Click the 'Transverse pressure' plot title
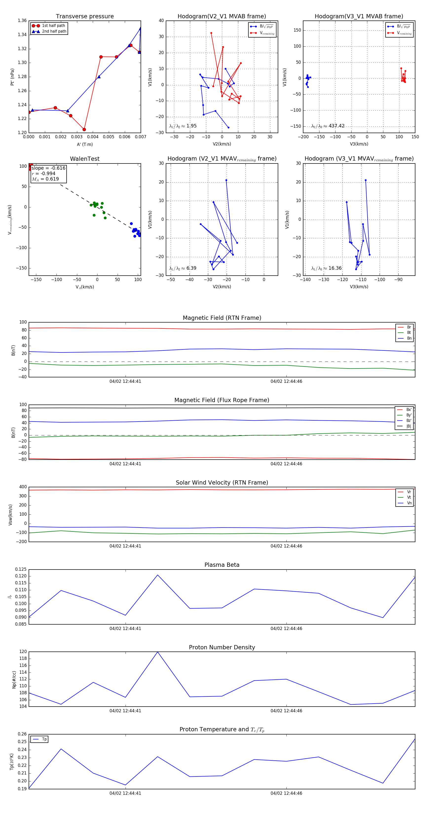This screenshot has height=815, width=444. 85,17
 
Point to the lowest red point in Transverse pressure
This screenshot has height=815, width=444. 84,129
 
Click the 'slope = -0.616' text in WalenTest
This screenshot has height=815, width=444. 48,168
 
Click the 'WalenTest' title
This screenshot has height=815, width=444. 85,159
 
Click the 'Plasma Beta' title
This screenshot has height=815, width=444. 222,565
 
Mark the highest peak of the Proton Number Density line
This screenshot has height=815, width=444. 158,652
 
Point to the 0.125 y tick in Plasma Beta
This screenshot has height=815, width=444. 21,569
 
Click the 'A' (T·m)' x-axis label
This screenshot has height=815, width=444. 85,144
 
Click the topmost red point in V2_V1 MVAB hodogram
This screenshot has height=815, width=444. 211,33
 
